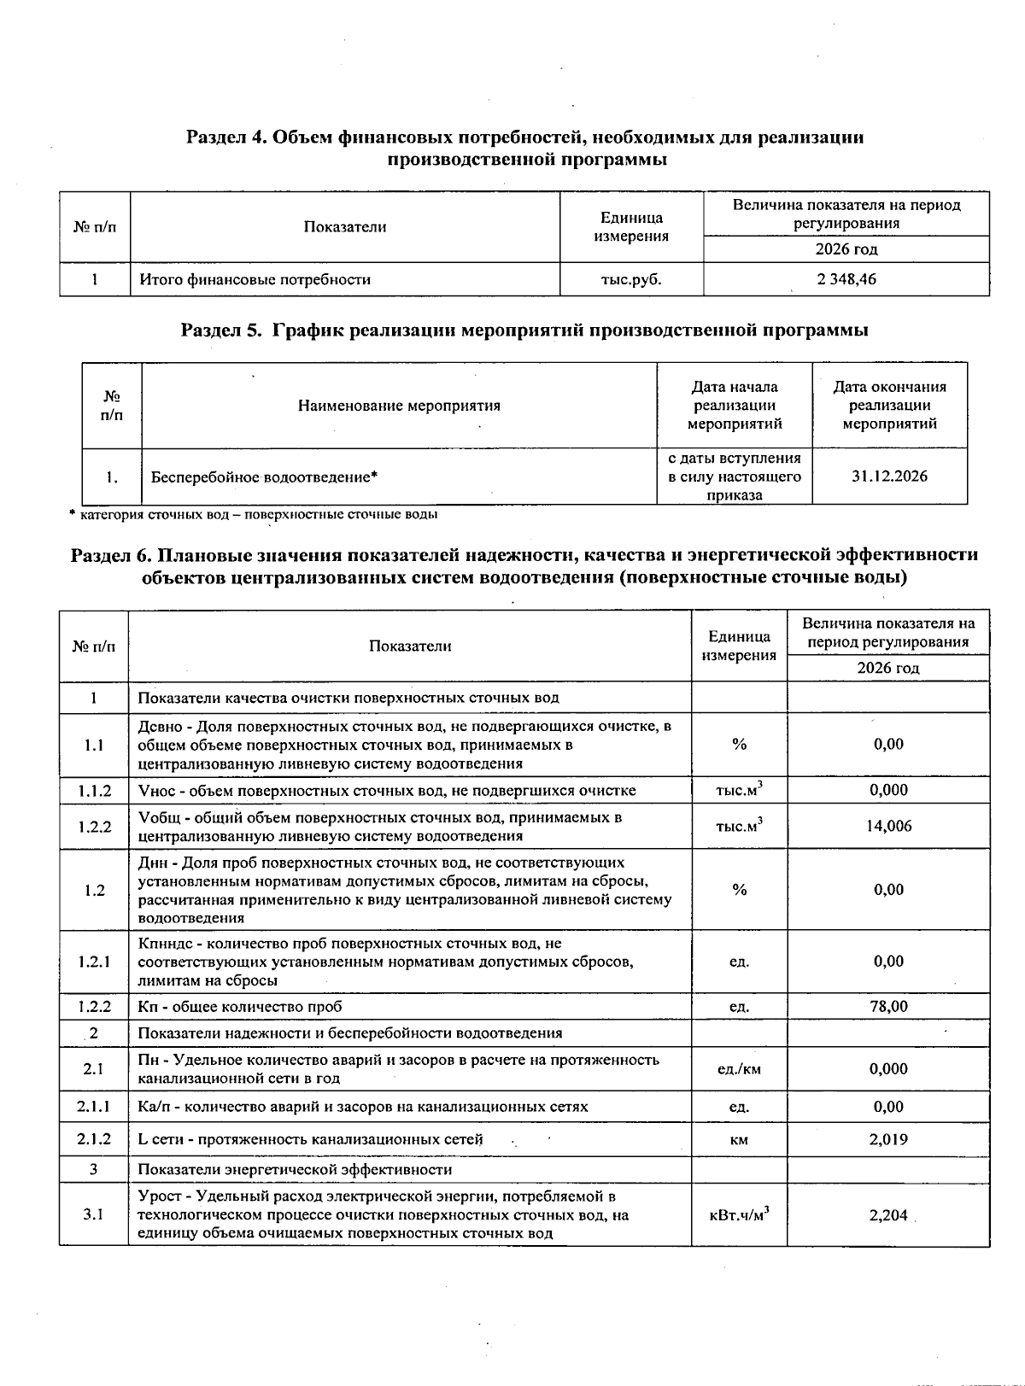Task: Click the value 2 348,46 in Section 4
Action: pos(846,279)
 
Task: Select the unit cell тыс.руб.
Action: pos(631,279)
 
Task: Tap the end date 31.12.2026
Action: pos(889,477)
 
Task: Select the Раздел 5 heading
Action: pos(525,330)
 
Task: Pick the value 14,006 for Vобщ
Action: pos(888,826)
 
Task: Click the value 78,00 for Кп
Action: pos(888,1006)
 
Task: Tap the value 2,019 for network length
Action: pos(888,1139)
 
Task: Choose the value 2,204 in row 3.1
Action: pos(888,1215)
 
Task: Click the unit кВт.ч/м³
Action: pos(739,1214)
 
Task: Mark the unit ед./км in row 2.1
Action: pos(739,1069)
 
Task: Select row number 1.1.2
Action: pos(94,791)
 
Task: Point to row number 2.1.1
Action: pos(94,1107)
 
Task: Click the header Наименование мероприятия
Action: pos(399,406)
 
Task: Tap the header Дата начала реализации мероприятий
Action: pos(735,406)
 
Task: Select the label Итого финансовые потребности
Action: pos(255,279)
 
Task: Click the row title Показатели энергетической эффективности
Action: pos(296,1169)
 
